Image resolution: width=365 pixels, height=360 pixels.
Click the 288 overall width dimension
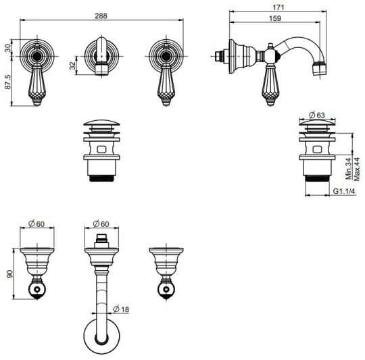[x=101, y=16]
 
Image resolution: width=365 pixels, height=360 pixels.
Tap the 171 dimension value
[x=278, y=7]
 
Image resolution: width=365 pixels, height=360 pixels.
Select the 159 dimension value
[x=275, y=18]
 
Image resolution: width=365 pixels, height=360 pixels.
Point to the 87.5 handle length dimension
[x=7, y=82]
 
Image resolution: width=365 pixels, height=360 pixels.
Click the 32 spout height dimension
[x=72, y=66]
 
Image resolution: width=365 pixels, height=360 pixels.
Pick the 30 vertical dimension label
[x=7, y=48]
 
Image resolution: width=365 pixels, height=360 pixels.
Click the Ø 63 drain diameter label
[x=316, y=115]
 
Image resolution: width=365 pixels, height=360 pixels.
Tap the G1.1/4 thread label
[x=344, y=191]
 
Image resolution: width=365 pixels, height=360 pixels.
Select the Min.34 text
[x=349, y=169]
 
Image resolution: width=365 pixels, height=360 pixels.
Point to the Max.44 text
[x=357, y=169]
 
